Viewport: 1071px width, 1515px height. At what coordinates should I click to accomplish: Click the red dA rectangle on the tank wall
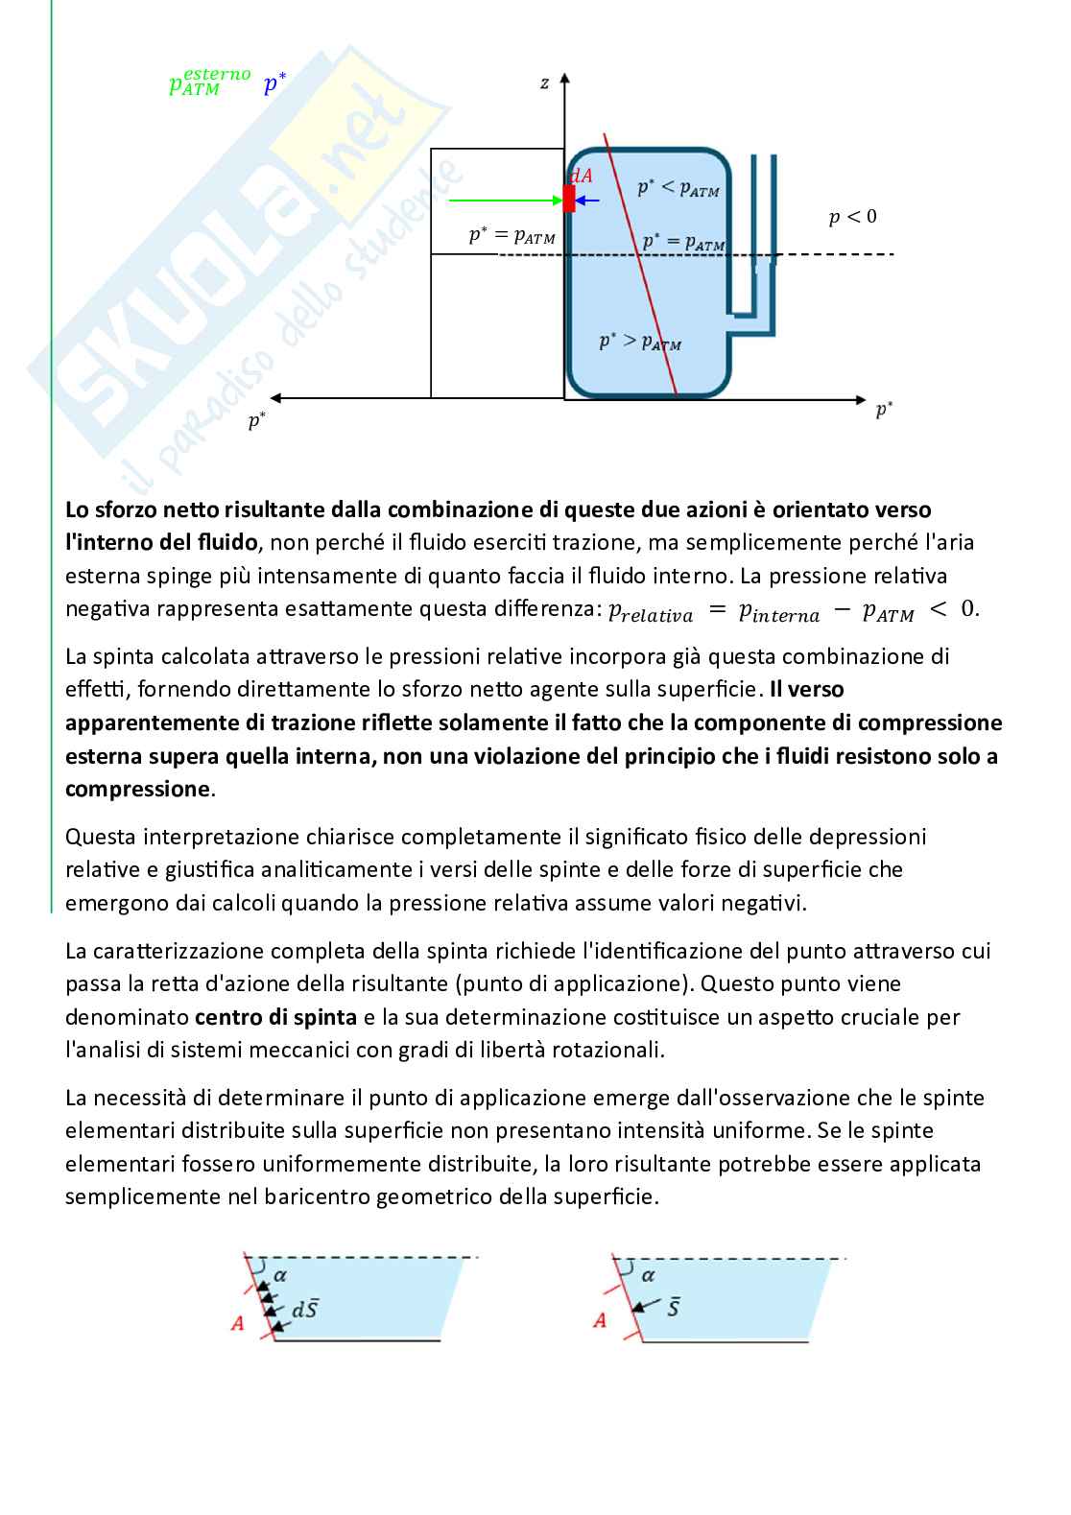pyautogui.click(x=569, y=199)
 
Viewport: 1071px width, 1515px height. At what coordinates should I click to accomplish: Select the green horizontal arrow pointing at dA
pyautogui.click(x=505, y=200)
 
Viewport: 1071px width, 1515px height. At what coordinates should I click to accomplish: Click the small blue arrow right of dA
pyautogui.click(x=587, y=200)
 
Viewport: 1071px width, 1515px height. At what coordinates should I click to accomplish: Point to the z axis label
pyautogui.click(x=544, y=83)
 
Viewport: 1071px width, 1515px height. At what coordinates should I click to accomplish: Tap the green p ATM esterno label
pyautogui.click(x=208, y=82)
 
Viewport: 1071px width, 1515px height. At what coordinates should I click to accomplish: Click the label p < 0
pyautogui.click(x=852, y=217)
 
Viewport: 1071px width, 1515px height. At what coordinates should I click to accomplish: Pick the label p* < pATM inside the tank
pyautogui.click(x=678, y=187)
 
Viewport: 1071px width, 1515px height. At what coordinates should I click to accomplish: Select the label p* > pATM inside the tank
pyautogui.click(x=640, y=341)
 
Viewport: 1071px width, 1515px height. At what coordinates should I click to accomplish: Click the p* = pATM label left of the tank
pyautogui.click(x=512, y=235)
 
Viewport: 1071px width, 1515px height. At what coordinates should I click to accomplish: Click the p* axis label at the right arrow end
pyautogui.click(x=884, y=411)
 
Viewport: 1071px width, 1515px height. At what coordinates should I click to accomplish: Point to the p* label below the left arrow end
pyautogui.click(x=256, y=420)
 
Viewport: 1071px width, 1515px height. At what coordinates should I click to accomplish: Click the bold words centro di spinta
pyautogui.click(x=275, y=1016)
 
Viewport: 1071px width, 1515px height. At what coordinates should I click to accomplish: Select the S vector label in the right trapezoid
pyautogui.click(x=674, y=1307)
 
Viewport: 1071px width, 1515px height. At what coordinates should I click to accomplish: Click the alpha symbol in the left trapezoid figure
pyautogui.click(x=280, y=1275)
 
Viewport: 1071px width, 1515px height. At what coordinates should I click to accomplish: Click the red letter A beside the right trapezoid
pyautogui.click(x=600, y=1320)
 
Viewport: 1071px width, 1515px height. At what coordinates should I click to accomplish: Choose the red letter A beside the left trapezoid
pyautogui.click(x=238, y=1324)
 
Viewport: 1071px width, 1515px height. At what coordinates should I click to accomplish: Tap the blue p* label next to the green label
pyautogui.click(x=274, y=84)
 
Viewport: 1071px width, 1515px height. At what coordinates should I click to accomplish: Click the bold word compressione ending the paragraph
pyautogui.click(x=136, y=789)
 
